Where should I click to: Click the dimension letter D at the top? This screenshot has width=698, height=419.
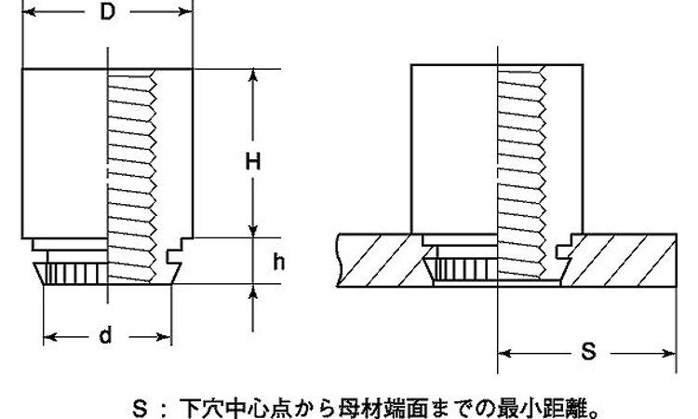(x=107, y=11)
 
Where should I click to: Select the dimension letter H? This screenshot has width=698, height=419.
(x=253, y=161)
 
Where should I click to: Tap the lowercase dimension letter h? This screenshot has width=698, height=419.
(x=278, y=262)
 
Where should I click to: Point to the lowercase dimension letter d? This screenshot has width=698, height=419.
(x=105, y=335)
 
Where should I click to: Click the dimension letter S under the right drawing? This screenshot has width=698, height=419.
(x=588, y=352)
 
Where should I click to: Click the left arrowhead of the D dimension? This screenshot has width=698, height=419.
(x=29, y=12)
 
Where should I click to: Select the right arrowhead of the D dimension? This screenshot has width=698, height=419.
(x=185, y=12)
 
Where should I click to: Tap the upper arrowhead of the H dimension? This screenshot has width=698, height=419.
(x=253, y=76)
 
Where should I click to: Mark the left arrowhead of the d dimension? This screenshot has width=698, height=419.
(x=50, y=337)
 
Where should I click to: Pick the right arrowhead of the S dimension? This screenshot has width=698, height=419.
(x=669, y=354)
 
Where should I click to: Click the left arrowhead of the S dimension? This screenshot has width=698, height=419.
(x=504, y=354)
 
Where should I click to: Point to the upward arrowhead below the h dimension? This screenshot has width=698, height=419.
(x=253, y=291)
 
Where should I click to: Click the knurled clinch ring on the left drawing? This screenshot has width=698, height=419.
(x=72, y=274)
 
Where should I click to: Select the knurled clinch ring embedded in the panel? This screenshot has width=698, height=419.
(x=461, y=269)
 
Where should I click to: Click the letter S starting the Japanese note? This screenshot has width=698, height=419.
(x=140, y=408)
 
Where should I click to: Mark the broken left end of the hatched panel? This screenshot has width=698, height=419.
(x=339, y=260)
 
